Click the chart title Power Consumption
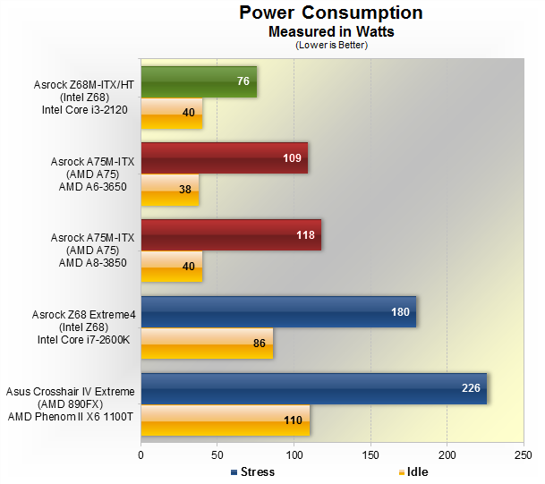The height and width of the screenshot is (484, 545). (330, 13)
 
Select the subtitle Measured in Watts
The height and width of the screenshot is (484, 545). (331, 30)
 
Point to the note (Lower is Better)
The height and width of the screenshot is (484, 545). (331, 44)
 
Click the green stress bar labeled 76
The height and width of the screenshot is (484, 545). (199, 81)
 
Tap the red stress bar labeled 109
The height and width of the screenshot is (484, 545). (224, 158)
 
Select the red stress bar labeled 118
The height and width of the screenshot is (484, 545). (231, 235)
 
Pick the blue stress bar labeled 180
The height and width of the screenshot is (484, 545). (278, 312)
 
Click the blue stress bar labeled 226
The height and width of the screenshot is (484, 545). (313, 389)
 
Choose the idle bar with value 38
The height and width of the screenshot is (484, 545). (170, 190)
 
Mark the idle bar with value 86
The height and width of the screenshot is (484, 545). (207, 343)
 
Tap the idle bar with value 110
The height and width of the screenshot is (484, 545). (225, 420)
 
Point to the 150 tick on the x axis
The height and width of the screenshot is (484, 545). (370, 455)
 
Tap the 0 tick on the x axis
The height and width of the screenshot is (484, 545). (141, 455)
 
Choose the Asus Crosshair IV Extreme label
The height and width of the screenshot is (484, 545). (71, 392)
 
